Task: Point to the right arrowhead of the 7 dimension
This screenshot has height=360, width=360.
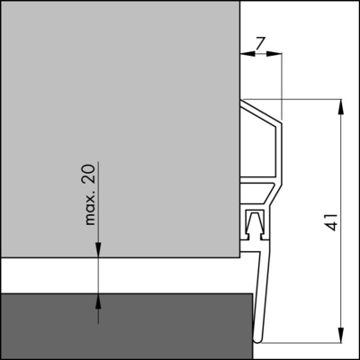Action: pyautogui.click(x=277, y=55)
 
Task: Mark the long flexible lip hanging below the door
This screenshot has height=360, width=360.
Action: pyautogui.click(x=263, y=297)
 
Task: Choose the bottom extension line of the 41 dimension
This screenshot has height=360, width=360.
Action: pyautogui.click(x=306, y=346)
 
